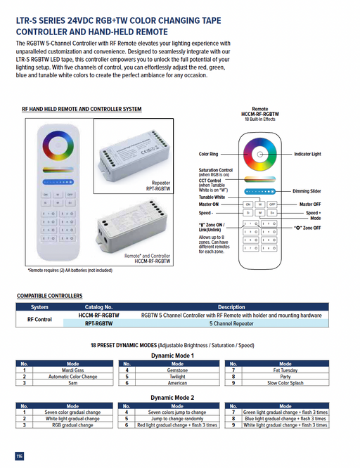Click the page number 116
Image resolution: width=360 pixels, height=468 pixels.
20,456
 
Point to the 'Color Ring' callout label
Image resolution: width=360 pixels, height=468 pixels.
209,153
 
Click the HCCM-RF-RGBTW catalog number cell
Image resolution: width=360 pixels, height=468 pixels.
98,316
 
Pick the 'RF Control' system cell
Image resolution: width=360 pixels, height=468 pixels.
40,320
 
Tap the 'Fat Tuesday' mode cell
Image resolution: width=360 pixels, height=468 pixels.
285,370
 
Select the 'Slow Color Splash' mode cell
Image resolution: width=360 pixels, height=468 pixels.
285,383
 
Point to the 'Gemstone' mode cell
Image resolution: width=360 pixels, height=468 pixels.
177,370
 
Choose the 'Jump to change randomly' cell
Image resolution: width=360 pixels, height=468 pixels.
177,419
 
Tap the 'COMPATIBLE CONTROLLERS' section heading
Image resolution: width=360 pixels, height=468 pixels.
50,296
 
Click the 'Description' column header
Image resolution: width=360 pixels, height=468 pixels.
231,307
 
